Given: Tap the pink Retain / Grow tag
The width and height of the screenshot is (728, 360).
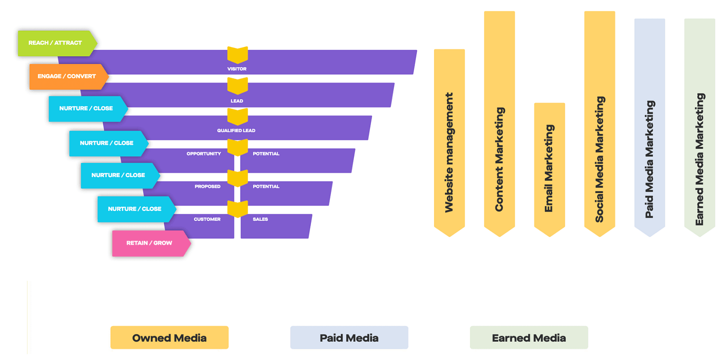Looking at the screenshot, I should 149,243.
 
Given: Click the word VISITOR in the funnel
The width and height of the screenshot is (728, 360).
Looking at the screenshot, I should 237,69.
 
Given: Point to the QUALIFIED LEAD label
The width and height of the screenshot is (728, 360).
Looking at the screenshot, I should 236,130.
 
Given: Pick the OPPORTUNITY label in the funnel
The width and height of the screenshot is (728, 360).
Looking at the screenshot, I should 203,153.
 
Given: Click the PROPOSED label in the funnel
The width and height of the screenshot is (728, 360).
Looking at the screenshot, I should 207,186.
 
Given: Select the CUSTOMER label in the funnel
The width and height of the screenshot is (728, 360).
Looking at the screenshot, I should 207,219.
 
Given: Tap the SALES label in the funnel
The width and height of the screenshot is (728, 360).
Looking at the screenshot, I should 260,219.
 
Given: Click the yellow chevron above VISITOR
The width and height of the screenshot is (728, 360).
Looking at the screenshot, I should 237,54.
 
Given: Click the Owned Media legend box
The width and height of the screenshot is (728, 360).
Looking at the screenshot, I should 169,337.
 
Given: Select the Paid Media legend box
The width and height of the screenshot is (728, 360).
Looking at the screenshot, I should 349,337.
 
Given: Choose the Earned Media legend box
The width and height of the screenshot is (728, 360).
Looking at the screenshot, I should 528,337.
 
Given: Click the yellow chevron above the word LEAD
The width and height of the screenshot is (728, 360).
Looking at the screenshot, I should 237,85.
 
